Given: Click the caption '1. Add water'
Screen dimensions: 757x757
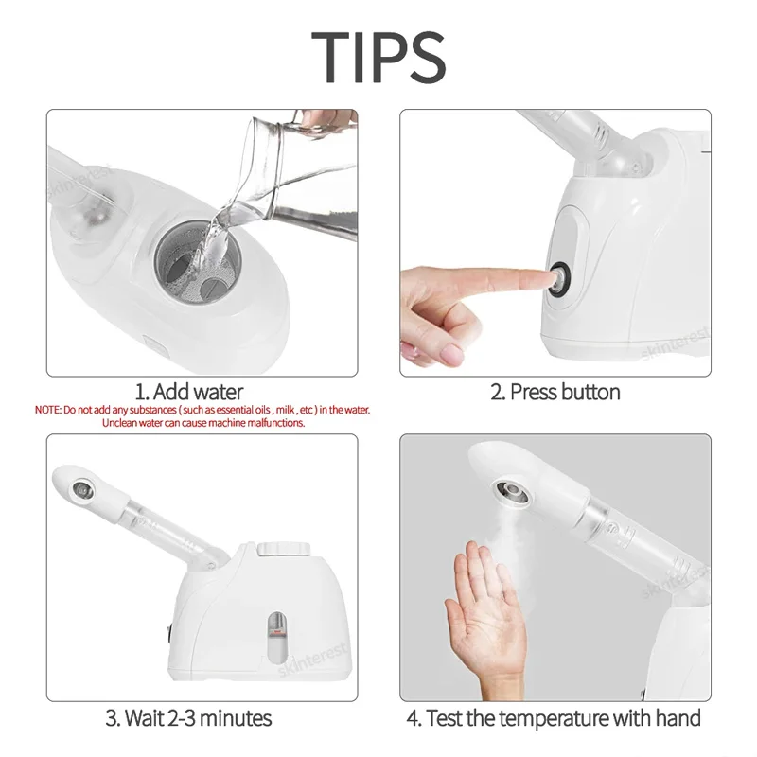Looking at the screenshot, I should (x=188, y=391).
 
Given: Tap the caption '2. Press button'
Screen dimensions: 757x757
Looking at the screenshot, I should (x=555, y=391).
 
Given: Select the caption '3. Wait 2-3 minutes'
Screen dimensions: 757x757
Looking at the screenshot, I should (x=189, y=718).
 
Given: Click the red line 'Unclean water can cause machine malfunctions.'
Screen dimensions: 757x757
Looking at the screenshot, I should (x=202, y=423).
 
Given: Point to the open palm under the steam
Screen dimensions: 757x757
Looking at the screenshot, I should (x=488, y=606).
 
